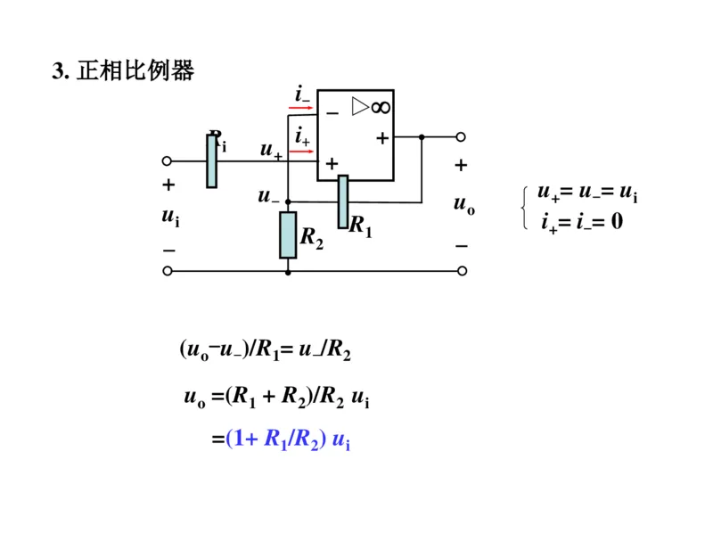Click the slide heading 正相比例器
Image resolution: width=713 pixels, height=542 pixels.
125,71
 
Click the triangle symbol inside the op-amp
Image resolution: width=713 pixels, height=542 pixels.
359,107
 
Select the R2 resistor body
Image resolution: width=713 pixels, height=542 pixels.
288,235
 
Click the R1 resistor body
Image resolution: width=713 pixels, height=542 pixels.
343,201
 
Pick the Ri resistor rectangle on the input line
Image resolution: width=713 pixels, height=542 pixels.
211,161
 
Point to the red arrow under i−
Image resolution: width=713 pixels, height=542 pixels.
301,107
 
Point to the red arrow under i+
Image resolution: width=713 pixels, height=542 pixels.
301,151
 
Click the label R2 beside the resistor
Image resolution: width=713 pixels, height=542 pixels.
312,237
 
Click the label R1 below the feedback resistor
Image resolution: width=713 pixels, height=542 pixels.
360,226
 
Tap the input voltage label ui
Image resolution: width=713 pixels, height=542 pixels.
168,217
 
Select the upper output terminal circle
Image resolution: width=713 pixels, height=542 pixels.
461,137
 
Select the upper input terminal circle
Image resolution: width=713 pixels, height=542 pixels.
167,161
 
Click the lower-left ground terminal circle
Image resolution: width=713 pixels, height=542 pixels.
167,271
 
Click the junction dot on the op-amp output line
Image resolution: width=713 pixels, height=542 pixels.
422,137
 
